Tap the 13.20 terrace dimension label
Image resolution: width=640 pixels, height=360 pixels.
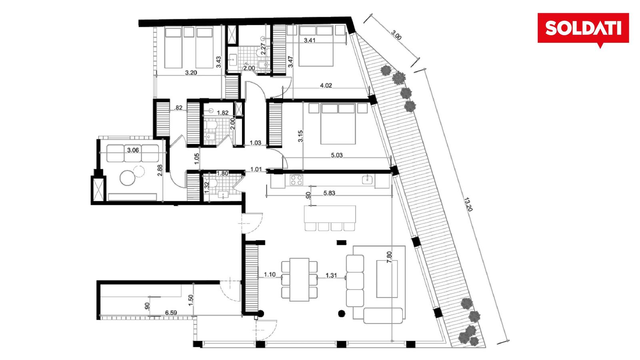pos(468,204)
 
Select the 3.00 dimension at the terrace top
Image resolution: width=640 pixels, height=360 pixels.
pos(396,35)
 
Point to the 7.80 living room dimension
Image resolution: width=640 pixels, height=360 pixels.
pos(389,257)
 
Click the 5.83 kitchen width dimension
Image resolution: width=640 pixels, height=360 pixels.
pos(329,193)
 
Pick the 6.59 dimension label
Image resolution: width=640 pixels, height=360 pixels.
pos(171,313)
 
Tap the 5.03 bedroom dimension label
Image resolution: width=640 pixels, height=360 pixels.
pos(337,155)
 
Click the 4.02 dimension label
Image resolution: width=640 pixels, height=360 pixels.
pos(326,86)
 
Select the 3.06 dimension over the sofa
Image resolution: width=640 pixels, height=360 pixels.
pos(133,150)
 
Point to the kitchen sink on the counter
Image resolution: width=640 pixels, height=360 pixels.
pos(367,180)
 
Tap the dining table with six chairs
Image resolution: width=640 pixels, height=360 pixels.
pos(299,280)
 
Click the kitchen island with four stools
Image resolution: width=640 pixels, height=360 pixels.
pos(330,218)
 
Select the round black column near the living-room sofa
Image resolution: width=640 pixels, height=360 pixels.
pos(342,314)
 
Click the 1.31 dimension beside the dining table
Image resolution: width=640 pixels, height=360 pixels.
pos(331,276)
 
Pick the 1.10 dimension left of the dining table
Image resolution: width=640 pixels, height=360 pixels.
pos(270,274)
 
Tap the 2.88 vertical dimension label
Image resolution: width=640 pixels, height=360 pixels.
pos(160,170)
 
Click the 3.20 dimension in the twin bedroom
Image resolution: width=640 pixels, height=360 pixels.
pos(191,72)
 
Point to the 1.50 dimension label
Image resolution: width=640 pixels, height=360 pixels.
pos(191,300)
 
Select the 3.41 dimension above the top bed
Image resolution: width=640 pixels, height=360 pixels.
pos(310,40)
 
